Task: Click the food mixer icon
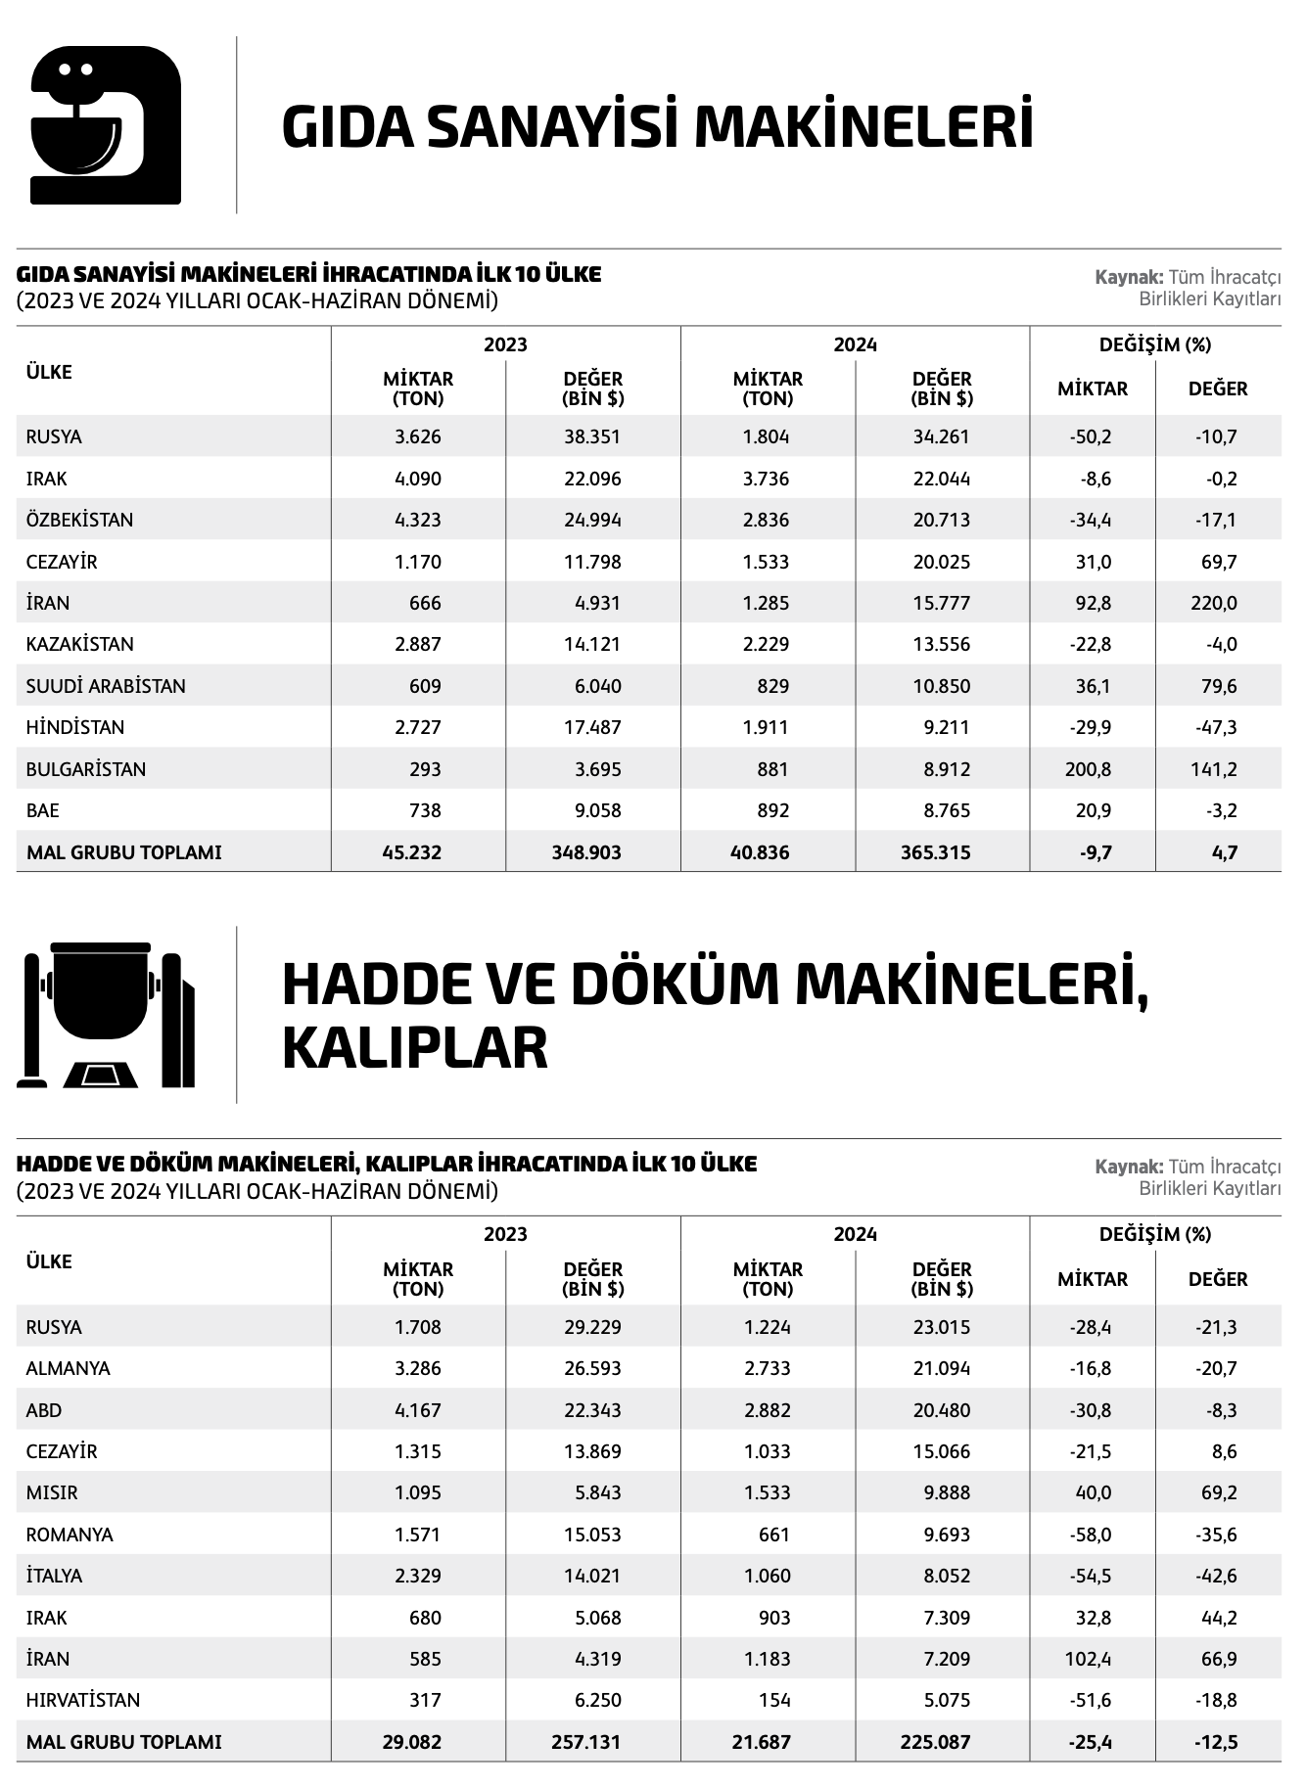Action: click(106, 124)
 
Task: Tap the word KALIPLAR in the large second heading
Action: click(414, 1047)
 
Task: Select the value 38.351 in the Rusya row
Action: click(592, 436)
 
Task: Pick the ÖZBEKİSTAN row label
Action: click(79, 520)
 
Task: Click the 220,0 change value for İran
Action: click(1214, 603)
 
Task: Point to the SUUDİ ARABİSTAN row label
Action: click(106, 686)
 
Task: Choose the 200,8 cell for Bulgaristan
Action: click(1089, 769)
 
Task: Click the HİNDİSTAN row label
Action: click(75, 727)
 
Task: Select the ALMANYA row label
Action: click(69, 1368)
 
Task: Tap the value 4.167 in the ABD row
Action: click(418, 1410)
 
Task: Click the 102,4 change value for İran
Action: click(1089, 1659)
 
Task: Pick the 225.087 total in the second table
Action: click(936, 1742)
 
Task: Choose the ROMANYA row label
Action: click(70, 1535)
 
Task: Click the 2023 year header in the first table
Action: click(505, 344)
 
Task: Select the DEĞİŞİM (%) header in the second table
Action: click(1155, 1234)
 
